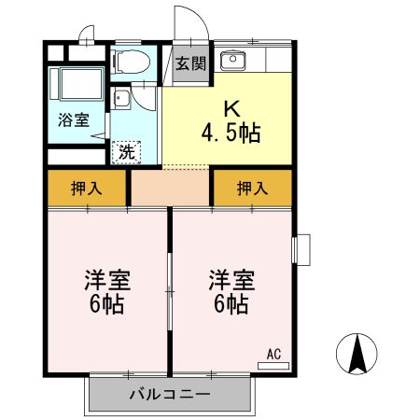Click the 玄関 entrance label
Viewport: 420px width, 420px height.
tap(190, 63)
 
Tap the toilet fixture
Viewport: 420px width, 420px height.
tap(131, 62)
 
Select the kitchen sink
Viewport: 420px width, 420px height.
tap(233, 61)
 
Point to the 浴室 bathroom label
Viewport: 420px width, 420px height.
tap(74, 119)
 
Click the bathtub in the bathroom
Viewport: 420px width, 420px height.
tap(81, 84)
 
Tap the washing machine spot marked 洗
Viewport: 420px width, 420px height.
tap(126, 152)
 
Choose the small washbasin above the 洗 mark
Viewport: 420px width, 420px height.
tap(120, 99)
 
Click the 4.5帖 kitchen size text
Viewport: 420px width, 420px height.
tap(231, 133)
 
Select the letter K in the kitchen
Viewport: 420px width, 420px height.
tap(232, 109)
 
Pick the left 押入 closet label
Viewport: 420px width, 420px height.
tap(86, 189)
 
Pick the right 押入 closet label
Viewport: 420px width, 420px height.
tap(252, 189)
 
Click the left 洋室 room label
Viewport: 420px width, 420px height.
tap(107, 280)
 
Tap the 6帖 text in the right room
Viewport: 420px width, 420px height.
tap(231, 303)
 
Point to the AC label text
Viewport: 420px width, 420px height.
tap(273, 355)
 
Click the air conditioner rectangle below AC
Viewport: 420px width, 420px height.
tap(273, 366)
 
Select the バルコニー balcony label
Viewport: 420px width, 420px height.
tap(170, 395)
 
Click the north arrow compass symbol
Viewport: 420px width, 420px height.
tap(357, 354)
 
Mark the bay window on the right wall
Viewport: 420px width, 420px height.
tap(301, 250)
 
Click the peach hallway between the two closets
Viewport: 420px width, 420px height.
tap(170, 188)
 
